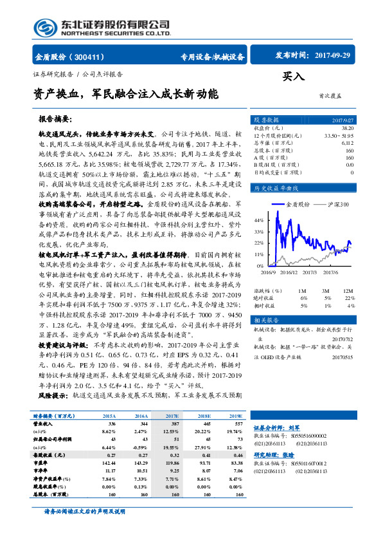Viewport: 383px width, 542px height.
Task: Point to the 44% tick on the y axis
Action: click(259, 220)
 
